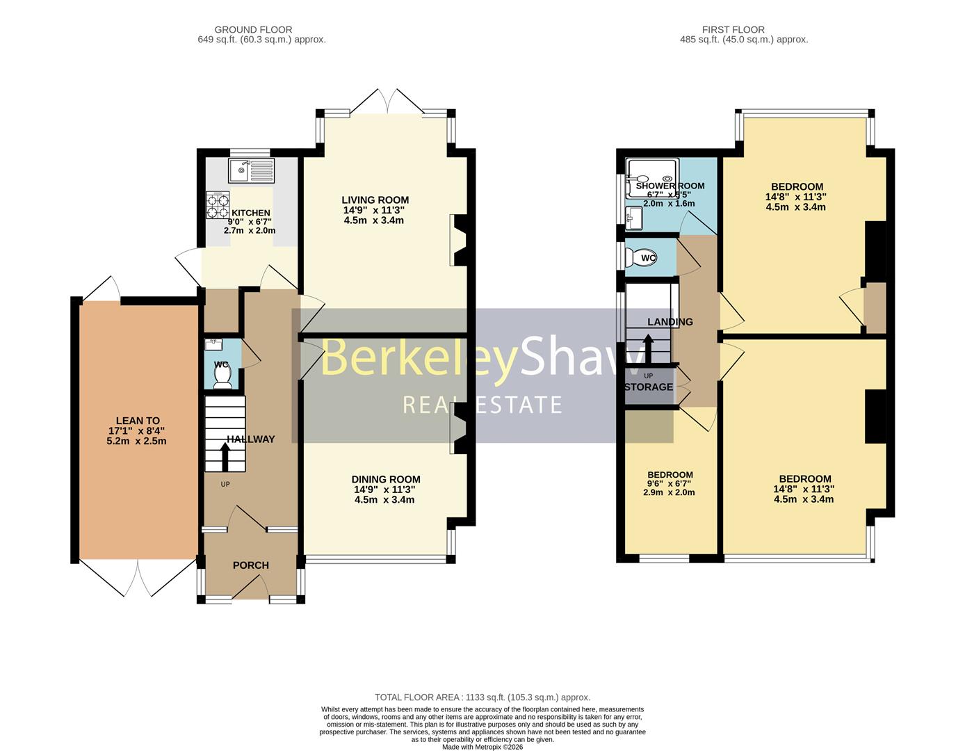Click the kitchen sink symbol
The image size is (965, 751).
251,168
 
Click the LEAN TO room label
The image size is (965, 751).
138,421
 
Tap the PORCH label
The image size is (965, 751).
250,565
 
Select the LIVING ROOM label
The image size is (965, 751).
375,200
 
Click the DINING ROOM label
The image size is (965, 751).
385,479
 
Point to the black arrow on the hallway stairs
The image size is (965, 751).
225,458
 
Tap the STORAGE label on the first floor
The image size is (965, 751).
649,387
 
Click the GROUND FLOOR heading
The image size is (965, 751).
253,30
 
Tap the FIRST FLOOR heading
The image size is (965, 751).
733,30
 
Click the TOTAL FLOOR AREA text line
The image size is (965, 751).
482,697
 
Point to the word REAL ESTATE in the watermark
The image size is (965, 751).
482,405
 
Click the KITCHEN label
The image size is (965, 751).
250,213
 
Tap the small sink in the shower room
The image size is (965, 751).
633,218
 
